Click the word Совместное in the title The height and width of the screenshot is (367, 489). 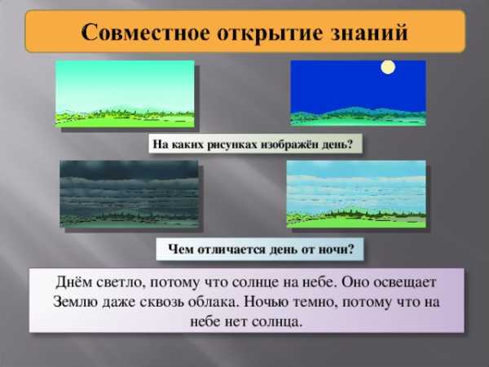pos(145,32)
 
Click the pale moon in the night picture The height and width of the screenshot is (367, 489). pos(388,67)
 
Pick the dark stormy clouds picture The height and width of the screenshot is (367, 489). pos(129,194)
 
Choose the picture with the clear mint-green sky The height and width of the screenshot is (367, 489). pos(125,94)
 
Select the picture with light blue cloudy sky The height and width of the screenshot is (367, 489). pos(356,194)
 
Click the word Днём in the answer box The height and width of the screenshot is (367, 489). pos(74,282)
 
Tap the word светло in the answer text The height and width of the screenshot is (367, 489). pos(121,283)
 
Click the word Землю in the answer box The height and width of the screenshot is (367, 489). pos(75,302)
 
